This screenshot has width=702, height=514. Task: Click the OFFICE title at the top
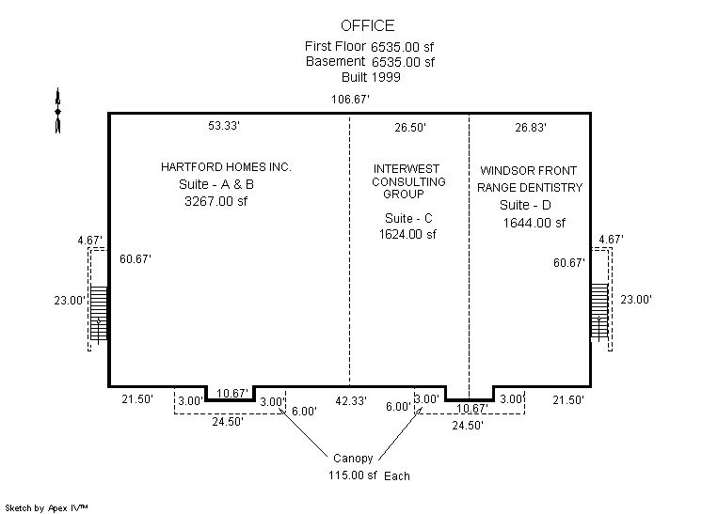[x=368, y=25]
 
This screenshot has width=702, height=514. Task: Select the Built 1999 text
[x=371, y=77]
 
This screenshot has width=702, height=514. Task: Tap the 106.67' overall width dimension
[x=350, y=100]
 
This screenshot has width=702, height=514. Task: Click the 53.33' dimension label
[x=224, y=126]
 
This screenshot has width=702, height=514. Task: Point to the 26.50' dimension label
[x=410, y=128]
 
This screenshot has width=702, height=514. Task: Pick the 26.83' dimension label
[x=531, y=128]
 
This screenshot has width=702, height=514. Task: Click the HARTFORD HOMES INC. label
[x=226, y=167]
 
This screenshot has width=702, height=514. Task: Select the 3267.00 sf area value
[x=215, y=201]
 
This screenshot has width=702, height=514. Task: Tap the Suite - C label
[x=408, y=218]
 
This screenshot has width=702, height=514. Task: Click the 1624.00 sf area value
[x=407, y=234]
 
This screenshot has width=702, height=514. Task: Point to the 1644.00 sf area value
[x=534, y=223]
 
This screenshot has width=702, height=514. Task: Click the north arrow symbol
[x=57, y=110]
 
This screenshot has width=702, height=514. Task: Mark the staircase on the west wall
[x=99, y=314]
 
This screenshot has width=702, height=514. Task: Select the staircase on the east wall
[x=599, y=311]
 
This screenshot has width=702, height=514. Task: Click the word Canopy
[x=353, y=459]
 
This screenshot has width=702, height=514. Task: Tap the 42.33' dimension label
[x=351, y=401]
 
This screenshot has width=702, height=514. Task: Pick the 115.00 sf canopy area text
[x=353, y=475]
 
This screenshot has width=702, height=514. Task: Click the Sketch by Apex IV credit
[x=46, y=507]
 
